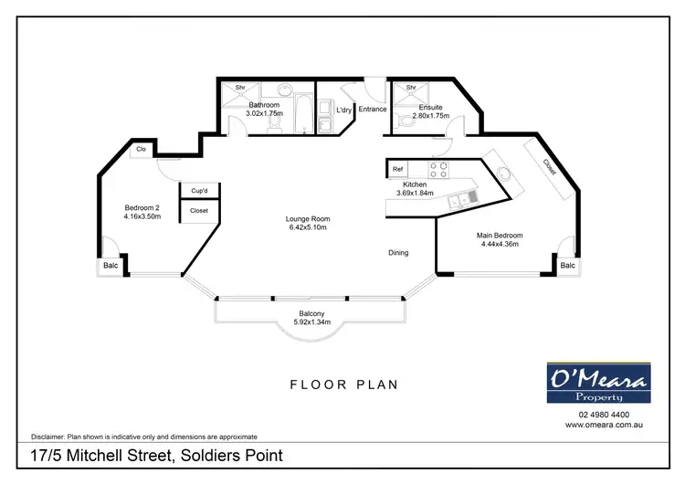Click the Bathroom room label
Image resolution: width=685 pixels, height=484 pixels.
(264, 105)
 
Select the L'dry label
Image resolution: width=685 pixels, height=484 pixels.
(343, 110)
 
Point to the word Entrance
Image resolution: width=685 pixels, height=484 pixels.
(373, 110)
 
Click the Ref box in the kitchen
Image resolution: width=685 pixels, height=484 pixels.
(397, 169)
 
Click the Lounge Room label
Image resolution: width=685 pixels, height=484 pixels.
(307, 219)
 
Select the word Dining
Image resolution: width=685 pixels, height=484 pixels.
(397, 253)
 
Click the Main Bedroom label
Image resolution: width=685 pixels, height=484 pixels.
(498, 236)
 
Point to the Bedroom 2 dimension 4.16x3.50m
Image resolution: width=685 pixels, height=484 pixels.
(142, 216)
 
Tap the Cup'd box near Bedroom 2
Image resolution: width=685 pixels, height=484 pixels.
(198, 191)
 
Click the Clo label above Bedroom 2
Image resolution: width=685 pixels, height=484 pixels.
(142, 149)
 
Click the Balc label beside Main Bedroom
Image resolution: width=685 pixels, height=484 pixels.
(567, 266)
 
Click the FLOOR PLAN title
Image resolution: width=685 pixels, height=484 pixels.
(343, 384)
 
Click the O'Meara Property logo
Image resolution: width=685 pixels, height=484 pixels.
(598, 383)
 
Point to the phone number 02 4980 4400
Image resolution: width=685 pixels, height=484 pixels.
(598, 415)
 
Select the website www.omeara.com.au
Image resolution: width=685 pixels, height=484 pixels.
(598, 425)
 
